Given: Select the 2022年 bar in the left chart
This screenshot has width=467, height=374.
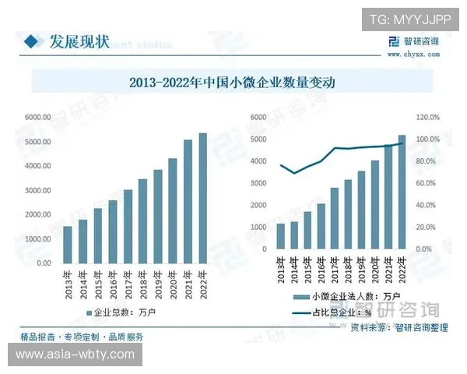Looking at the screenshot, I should coord(202,198).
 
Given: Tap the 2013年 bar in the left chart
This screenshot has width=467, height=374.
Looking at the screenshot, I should coord(68,244).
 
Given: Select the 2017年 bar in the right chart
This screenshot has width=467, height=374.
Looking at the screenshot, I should coord(335,218).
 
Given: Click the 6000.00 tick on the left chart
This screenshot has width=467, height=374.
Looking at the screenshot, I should coord(37,117).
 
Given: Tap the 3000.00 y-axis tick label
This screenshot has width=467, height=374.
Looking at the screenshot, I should coord(37,190).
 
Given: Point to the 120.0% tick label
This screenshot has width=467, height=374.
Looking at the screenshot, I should coord(428,117).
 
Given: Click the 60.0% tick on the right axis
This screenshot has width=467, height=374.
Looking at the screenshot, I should coord(428,183).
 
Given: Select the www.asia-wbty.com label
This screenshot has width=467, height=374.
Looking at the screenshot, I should coord(75,355).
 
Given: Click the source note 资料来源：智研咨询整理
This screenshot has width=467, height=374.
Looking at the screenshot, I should coord(399,328).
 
